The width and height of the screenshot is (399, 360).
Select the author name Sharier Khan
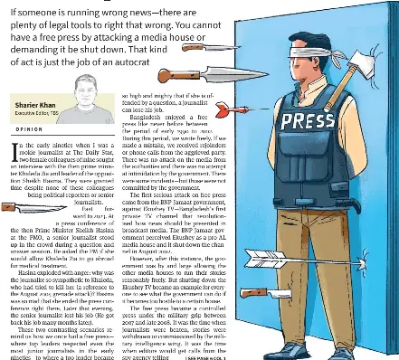coord(34,107)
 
